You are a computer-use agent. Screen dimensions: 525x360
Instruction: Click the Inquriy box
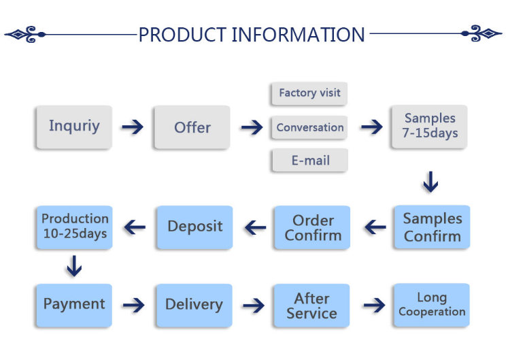tap(74, 127)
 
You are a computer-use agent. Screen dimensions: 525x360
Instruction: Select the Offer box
tap(192, 127)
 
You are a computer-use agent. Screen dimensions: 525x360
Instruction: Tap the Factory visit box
tap(309, 93)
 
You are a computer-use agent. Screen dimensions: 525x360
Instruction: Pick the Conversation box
tap(309, 127)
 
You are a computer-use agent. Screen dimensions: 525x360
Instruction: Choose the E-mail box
tap(310, 160)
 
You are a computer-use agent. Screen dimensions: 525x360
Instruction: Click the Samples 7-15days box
tap(430, 127)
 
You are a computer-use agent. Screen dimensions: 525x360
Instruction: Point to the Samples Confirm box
tap(433, 227)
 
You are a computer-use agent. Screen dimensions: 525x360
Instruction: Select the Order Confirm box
tap(312, 227)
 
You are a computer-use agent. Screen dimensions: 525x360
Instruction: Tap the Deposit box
tap(195, 227)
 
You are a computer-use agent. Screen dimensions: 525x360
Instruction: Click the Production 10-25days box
tap(74, 227)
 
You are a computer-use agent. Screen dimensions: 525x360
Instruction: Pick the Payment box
tap(74, 306)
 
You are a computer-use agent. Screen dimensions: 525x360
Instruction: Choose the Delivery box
tap(194, 306)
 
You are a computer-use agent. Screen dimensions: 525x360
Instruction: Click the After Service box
tap(311, 306)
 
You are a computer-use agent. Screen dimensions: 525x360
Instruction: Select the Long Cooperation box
tap(432, 305)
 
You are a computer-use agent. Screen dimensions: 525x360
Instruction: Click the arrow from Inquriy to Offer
tap(133, 127)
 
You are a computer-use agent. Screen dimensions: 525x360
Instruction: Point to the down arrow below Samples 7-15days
tap(430, 182)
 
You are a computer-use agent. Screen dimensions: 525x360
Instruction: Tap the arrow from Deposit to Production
tap(135, 227)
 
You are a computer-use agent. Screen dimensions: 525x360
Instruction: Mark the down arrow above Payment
tap(74, 266)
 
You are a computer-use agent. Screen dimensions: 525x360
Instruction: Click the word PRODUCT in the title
tap(183, 35)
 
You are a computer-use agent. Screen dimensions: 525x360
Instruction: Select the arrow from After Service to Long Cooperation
tap(374, 305)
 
